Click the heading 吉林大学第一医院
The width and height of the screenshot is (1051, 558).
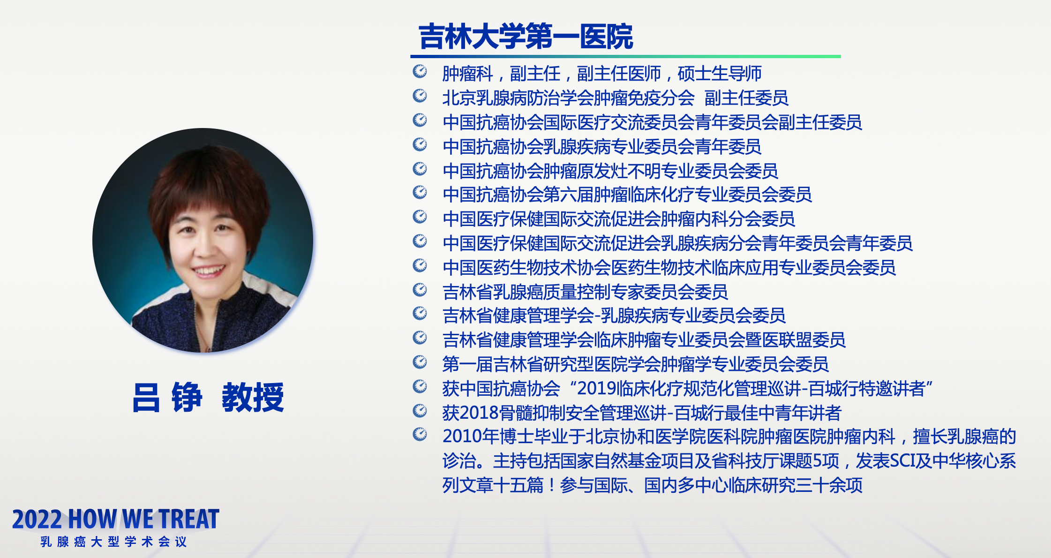525,37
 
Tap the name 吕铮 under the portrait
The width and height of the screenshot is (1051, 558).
167,397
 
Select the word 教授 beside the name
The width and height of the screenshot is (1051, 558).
253,397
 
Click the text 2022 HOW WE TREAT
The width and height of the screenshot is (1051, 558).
116,519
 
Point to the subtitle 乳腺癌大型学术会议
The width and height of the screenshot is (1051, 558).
114,542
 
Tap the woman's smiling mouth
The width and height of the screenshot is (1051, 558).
208,271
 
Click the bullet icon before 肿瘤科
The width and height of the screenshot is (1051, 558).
420,71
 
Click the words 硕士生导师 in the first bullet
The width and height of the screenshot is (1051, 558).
720,74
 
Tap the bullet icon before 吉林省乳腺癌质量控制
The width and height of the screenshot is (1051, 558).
420,290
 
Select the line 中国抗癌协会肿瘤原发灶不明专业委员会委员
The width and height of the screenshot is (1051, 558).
610,171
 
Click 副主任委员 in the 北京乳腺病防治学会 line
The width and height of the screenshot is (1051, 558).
746,98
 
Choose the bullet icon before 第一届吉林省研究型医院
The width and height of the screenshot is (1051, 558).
420,362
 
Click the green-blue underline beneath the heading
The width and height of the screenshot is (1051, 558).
625,57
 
